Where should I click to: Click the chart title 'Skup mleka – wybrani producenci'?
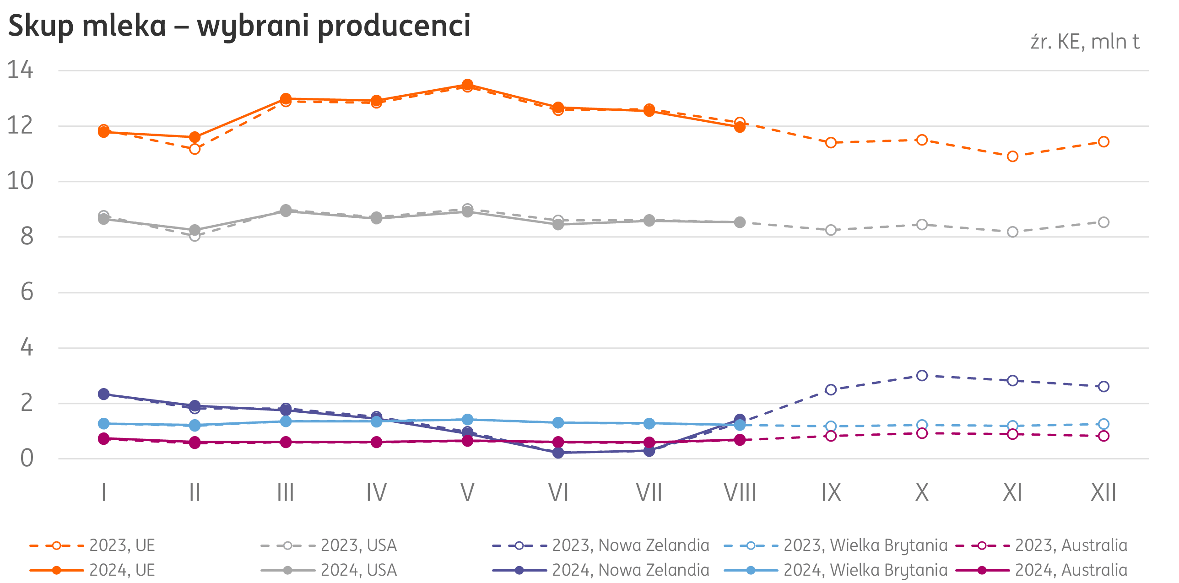click(239, 26)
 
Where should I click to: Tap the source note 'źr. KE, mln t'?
click(1084, 42)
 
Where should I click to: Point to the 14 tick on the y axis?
click(20, 70)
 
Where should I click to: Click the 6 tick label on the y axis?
click(27, 292)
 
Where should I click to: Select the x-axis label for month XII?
click(1103, 493)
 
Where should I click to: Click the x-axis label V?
click(467, 493)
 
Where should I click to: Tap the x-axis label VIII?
click(740, 493)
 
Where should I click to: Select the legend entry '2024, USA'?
click(358, 570)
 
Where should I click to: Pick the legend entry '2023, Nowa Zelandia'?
click(630, 545)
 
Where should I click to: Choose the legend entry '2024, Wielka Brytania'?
click(865, 570)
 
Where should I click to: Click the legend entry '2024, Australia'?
click(1071, 570)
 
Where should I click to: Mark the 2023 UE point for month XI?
click(1013, 157)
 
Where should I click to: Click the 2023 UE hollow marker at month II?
click(195, 149)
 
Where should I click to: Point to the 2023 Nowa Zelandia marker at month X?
click(922, 376)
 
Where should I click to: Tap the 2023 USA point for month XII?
click(1103, 222)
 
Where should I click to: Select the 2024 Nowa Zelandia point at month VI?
click(558, 453)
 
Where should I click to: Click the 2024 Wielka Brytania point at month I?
click(104, 424)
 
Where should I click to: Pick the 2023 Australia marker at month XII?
click(1103, 436)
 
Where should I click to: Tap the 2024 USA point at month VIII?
click(740, 222)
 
